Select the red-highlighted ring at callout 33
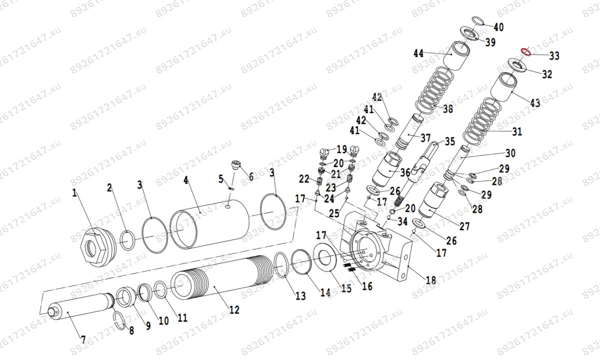tap(525, 51)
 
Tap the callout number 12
tap(233, 310)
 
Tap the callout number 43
tap(535, 103)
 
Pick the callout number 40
tap(498, 26)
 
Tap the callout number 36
tap(405, 172)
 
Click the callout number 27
tap(464, 226)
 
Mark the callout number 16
tap(367, 286)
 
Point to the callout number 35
tap(450, 141)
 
